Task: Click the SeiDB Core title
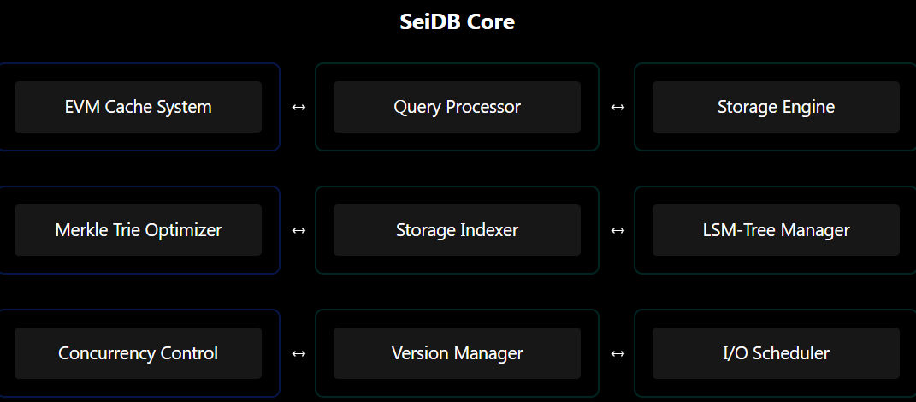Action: click(x=458, y=21)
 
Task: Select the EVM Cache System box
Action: click(x=138, y=107)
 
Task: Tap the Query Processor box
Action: click(x=457, y=107)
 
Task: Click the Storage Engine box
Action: click(x=776, y=107)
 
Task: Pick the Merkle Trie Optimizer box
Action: click(x=138, y=230)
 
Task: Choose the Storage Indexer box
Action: click(x=457, y=230)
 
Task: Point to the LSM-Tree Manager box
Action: click(x=776, y=230)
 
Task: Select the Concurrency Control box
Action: click(x=138, y=353)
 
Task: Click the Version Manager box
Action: click(x=457, y=353)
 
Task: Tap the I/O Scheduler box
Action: click(x=776, y=353)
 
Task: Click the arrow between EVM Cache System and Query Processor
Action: click(x=298, y=108)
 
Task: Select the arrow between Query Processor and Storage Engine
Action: click(x=618, y=108)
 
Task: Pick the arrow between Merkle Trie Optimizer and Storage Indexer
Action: click(x=298, y=231)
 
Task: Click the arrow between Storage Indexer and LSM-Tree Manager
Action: click(x=618, y=231)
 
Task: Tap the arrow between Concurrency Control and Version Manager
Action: click(x=298, y=354)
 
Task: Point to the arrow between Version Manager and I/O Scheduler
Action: click(x=618, y=354)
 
